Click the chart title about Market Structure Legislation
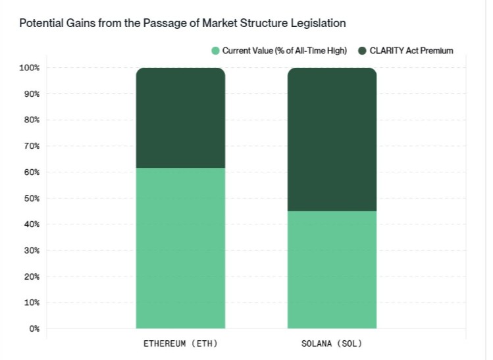[182, 23]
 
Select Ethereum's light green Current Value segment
[180, 247]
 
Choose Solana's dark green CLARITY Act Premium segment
[332, 138]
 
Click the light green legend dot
[215, 51]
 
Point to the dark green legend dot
[362, 51]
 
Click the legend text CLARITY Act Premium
[411, 51]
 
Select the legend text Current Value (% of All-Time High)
[284, 51]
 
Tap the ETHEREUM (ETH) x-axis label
[180, 344]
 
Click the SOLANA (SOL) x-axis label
[332, 344]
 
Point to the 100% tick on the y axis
[30, 68]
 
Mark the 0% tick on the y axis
[34, 328]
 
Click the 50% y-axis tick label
[32, 198]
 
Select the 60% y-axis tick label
[32, 172]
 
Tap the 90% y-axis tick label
[32, 93]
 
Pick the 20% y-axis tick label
[32, 276]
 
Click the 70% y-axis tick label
[32, 146]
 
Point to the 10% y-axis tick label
[32, 303]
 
